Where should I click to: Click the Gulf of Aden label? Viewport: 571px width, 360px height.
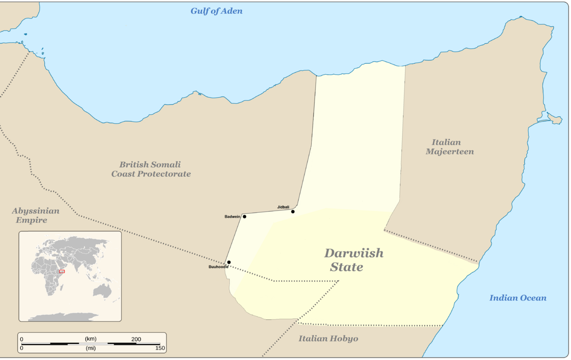pos(217,11)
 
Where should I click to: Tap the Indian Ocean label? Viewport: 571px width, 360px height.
pos(518,298)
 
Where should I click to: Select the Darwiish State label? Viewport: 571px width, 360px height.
pos(353,260)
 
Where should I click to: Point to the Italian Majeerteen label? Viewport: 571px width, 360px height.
pos(449,147)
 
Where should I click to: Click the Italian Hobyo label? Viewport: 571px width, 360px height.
pos(328,339)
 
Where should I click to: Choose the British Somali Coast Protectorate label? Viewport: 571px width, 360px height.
pos(151,169)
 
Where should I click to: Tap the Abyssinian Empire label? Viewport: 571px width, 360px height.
pos(36,215)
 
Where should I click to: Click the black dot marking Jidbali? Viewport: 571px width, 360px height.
pos(293,211)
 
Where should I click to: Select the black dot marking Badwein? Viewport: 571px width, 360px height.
pos(245,217)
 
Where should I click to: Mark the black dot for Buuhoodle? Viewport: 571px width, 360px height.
pos(229,262)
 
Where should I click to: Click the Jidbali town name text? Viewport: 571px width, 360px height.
pos(283,207)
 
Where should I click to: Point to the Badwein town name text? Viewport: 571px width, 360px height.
pos(233,217)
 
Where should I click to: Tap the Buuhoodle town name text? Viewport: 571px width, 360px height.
pos(218,267)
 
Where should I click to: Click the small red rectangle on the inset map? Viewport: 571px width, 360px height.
pos(62,271)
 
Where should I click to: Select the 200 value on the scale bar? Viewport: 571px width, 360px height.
pos(136,339)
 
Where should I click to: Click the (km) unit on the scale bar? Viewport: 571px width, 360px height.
pos(90,339)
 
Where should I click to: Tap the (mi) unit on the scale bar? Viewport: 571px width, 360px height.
pos(90,349)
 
